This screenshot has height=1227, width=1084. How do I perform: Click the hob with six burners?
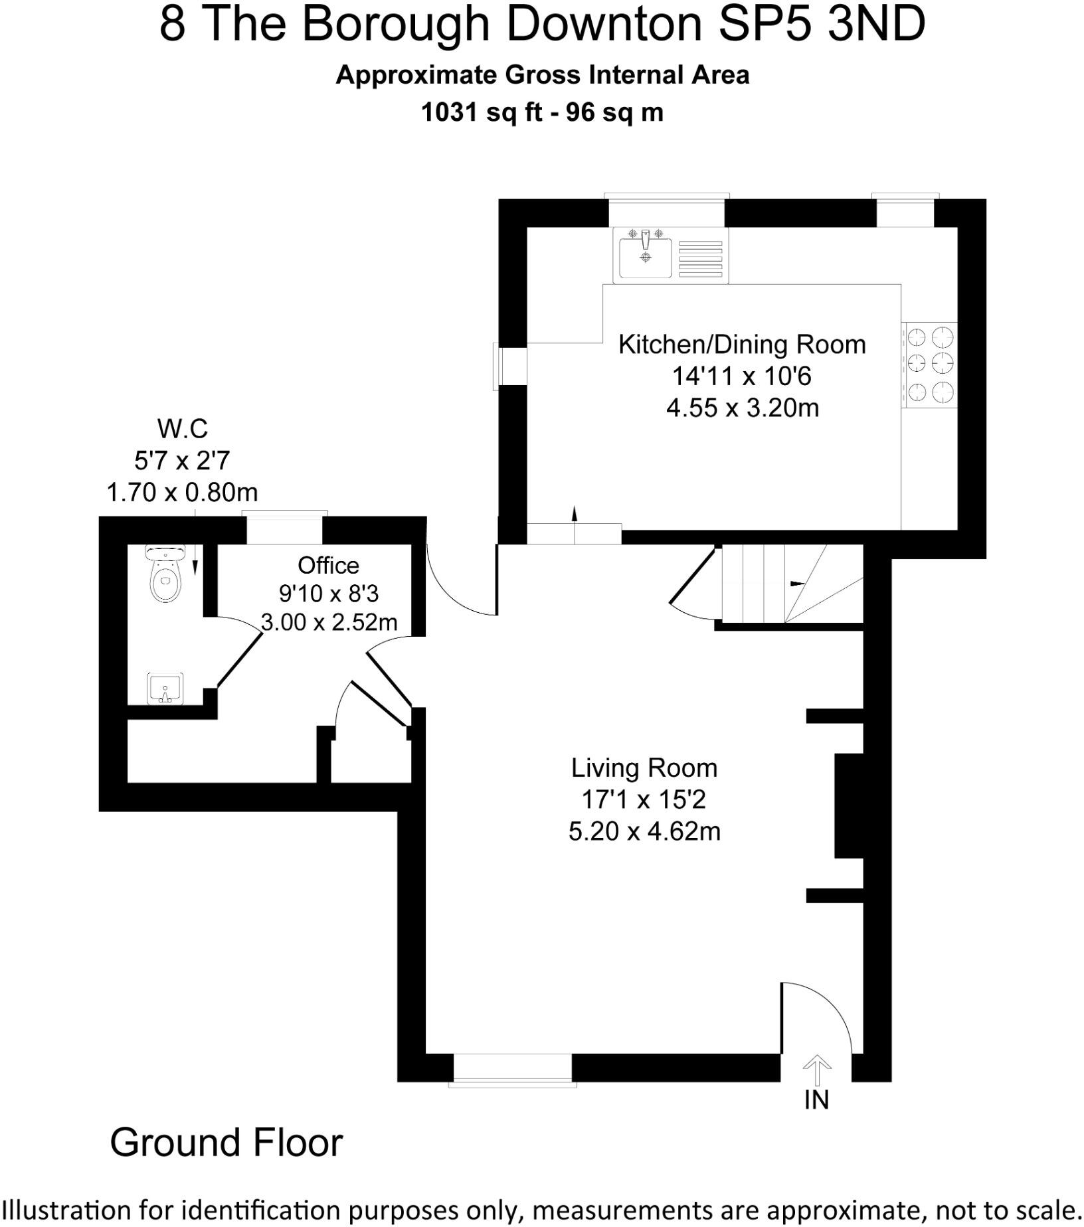[x=929, y=365]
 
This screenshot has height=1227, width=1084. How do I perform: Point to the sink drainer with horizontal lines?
[x=701, y=258]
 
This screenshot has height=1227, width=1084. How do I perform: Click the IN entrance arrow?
[x=816, y=1070]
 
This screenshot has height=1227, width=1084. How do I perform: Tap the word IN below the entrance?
[x=816, y=1101]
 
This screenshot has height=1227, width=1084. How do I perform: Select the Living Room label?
[x=644, y=768]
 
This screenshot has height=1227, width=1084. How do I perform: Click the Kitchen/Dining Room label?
[x=742, y=345]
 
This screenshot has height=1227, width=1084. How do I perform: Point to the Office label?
[x=328, y=566]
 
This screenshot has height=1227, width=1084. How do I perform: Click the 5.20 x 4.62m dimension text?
[x=644, y=831]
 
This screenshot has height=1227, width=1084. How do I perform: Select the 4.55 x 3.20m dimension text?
[x=742, y=408]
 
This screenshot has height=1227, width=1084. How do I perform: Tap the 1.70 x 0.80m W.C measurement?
[x=182, y=493]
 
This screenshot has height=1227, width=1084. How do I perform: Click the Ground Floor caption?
[x=226, y=1143]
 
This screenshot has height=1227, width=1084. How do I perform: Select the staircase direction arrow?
[x=796, y=584]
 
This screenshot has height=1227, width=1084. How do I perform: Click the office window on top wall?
[x=284, y=529]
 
